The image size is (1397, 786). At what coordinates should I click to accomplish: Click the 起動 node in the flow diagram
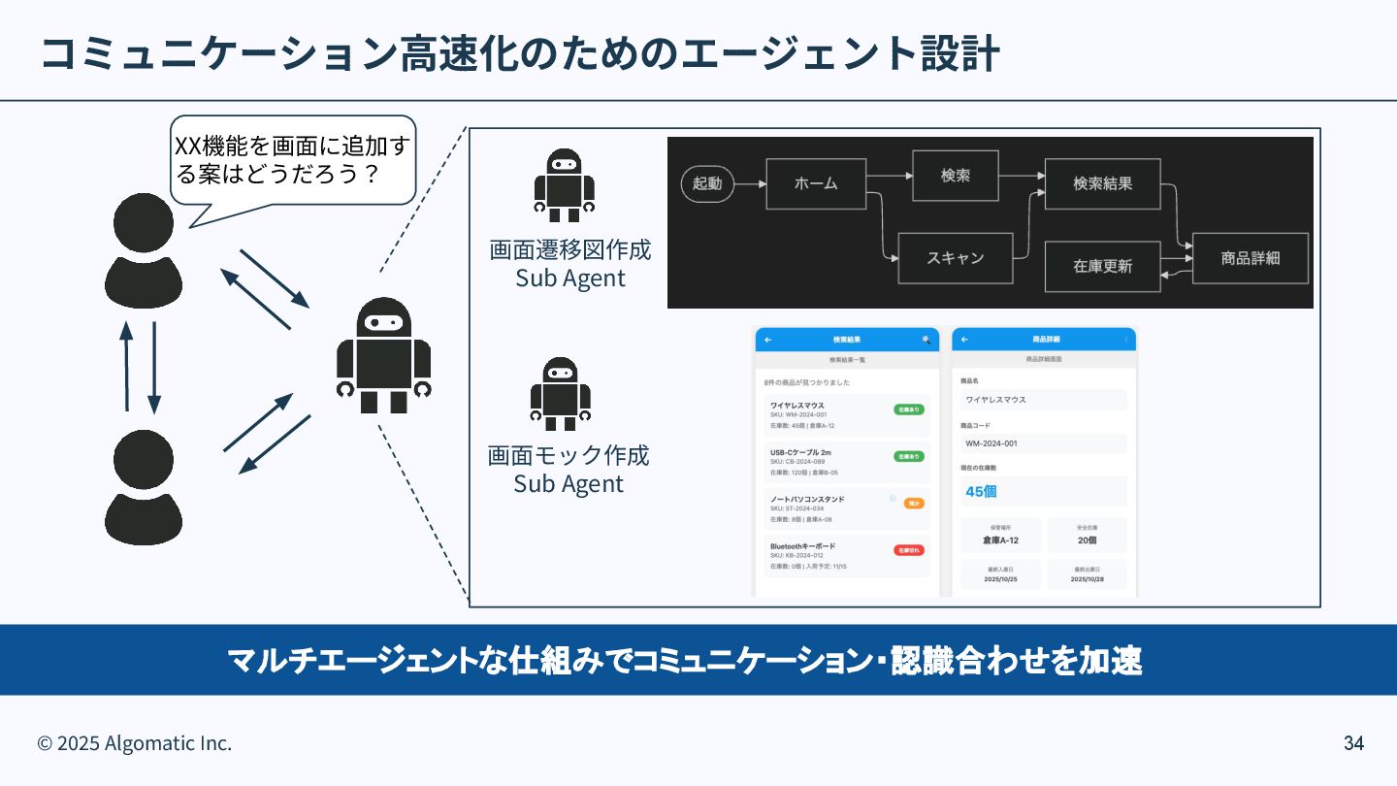click(x=707, y=183)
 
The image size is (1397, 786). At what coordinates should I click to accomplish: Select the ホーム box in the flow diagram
click(x=815, y=183)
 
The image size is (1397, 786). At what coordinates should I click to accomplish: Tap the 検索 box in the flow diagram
click(x=955, y=176)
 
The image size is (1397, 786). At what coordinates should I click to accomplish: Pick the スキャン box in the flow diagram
click(x=955, y=258)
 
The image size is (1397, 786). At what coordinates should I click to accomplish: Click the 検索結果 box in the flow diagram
click(x=1102, y=183)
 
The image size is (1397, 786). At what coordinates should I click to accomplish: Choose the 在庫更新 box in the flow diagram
click(x=1102, y=266)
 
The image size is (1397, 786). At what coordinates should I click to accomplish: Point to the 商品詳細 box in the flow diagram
click(x=1250, y=258)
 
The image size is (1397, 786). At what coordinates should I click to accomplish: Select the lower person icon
click(x=144, y=487)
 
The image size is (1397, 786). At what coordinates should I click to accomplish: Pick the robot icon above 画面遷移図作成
click(x=564, y=184)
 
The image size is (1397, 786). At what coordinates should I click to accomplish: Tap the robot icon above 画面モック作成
click(x=561, y=393)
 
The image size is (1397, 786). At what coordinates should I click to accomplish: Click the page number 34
click(x=1353, y=743)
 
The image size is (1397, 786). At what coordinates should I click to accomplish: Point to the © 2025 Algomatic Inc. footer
click(x=135, y=743)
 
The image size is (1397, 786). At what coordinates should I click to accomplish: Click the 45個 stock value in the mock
click(x=981, y=491)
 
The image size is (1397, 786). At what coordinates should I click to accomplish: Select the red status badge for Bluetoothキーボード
click(x=908, y=550)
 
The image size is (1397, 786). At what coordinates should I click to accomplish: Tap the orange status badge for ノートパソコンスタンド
click(x=913, y=504)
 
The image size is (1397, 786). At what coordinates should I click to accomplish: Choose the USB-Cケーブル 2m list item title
click(x=800, y=452)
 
